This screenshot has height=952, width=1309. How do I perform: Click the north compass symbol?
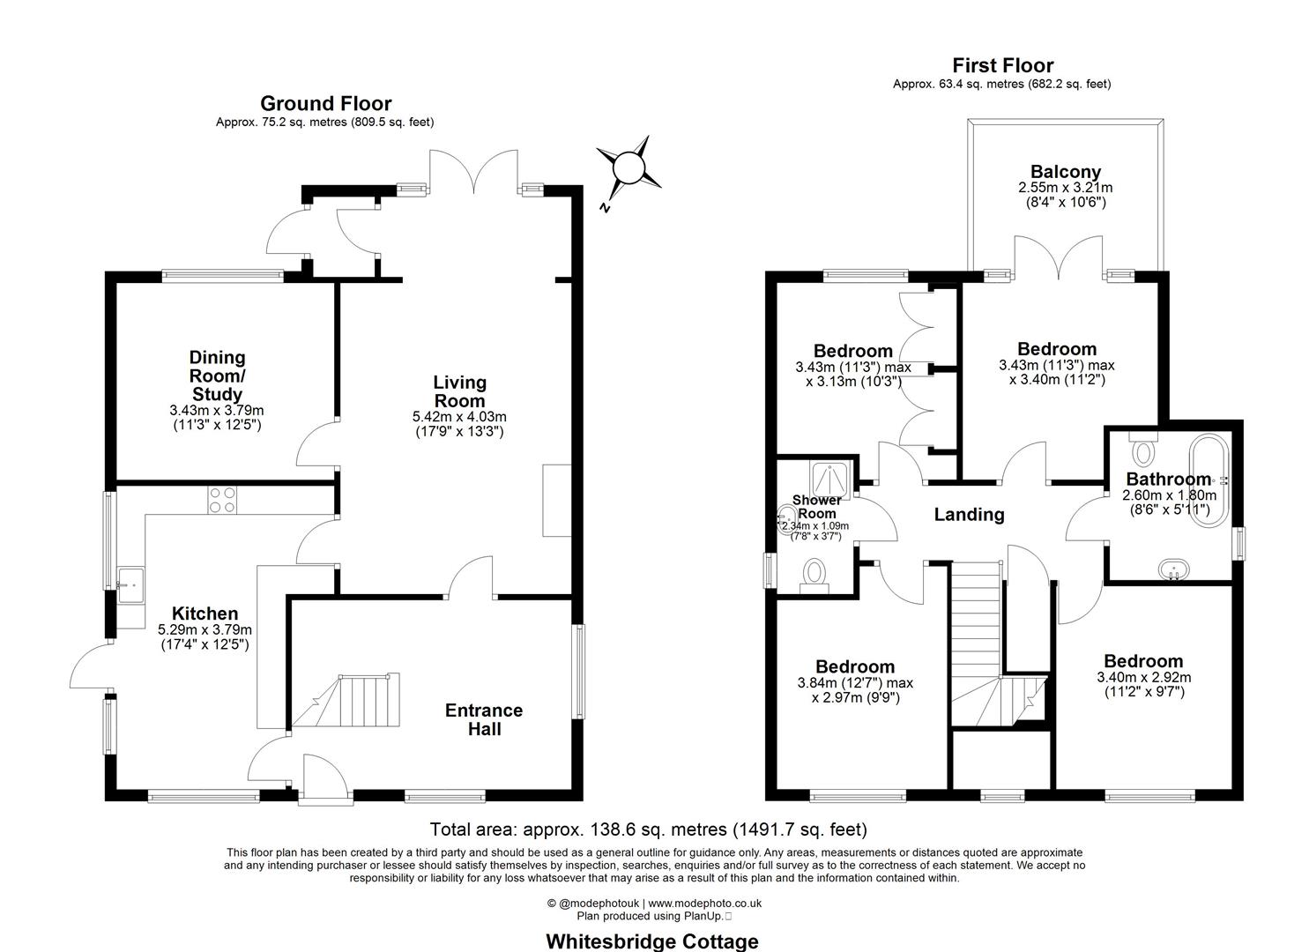(x=628, y=167)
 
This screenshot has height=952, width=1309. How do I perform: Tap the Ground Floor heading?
(x=325, y=104)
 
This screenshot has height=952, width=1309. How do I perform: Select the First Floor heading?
(x=1002, y=65)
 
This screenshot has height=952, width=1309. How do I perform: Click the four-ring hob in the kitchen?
(x=222, y=500)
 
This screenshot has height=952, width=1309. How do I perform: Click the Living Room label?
(x=459, y=391)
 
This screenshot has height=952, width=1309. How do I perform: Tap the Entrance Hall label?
(x=483, y=719)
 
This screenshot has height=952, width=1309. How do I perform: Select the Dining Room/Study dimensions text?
(x=217, y=417)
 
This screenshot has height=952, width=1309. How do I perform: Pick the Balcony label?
(x=1065, y=172)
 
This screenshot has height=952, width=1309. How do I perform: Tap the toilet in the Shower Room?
(x=813, y=576)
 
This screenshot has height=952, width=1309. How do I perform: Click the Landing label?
(x=969, y=515)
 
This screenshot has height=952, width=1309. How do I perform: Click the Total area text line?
(x=648, y=829)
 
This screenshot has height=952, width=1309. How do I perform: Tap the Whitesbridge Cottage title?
(x=651, y=941)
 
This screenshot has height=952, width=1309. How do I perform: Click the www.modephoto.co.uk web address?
(x=704, y=904)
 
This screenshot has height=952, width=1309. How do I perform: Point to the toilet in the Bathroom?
(x=1144, y=450)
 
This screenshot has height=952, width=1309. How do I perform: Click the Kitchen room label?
(x=205, y=614)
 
